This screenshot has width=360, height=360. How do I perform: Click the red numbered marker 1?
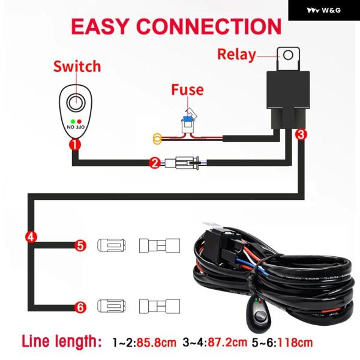[x=74, y=143]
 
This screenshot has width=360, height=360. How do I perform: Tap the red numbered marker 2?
[x=154, y=162]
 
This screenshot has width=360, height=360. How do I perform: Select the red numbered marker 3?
[x=302, y=135]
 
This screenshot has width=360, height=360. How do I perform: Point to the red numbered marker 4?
[x=31, y=235]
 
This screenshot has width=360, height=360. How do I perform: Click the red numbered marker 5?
[x=81, y=245]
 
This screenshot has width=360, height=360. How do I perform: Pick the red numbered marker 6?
[x=81, y=307]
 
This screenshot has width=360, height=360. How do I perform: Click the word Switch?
[x=77, y=66]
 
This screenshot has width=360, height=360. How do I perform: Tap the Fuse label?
[x=187, y=91]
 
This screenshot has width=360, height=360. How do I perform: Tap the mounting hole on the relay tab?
[x=288, y=56]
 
